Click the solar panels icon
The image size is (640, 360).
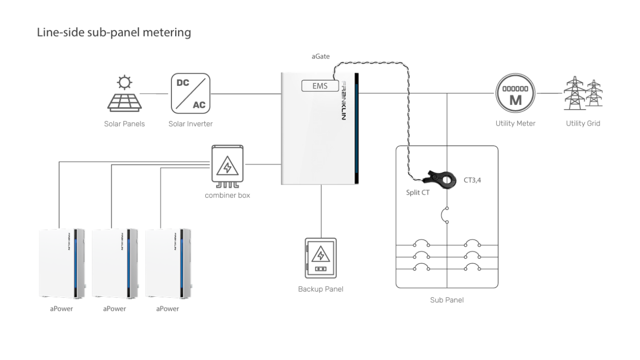[124, 101]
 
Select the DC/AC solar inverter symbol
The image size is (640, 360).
[190, 94]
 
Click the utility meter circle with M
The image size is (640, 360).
[515, 93]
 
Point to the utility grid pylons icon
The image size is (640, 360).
[582, 94]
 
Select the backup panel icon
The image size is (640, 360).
[320, 259]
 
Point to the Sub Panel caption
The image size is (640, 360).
[447, 300]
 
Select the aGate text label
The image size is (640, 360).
[321, 56]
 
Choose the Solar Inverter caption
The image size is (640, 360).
[191, 124]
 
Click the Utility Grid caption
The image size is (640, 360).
[583, 124]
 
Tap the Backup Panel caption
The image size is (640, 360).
[320, 289]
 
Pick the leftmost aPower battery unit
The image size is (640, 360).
[61, 262]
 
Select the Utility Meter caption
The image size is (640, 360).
[515, 124]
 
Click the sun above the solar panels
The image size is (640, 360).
[124, 83]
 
